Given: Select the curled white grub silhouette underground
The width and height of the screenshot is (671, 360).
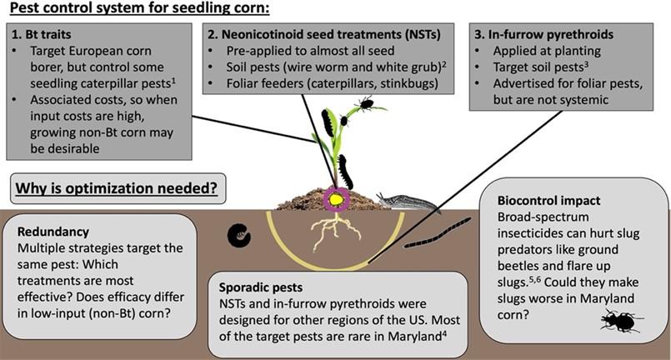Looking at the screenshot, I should click(x=239, y=236).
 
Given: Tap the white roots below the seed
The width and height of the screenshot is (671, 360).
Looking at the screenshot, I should click(x=331, y=232).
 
